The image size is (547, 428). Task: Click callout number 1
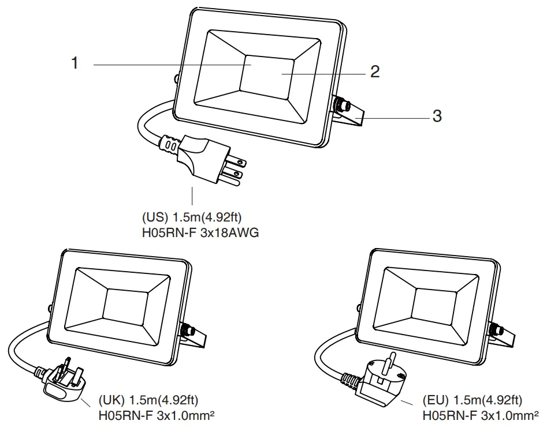tap(75, 63)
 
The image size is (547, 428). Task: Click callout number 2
tap(375, 72)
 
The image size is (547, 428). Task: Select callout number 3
tap(437, 116)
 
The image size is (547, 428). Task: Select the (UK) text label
tap(111, 400)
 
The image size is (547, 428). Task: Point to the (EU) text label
tap(437, 400)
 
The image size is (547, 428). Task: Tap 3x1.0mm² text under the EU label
tap(506, 415)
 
